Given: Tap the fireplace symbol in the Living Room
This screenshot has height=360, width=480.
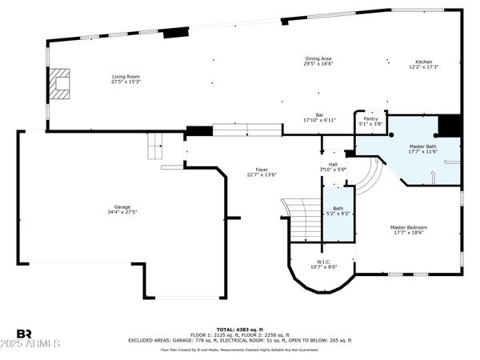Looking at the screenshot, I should coord(59,82).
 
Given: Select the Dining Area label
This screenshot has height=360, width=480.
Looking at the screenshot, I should coord(318,58).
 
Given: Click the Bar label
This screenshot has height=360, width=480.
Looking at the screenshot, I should coord(318,114).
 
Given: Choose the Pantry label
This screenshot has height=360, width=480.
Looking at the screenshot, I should coord(371,119).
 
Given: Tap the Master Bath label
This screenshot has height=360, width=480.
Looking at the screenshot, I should coord(423,146).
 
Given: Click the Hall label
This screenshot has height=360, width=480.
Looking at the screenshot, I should coord(332,165).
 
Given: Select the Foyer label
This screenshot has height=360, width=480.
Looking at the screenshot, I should coord(262,170).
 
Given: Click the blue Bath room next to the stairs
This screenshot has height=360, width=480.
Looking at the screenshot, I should coord(337,215).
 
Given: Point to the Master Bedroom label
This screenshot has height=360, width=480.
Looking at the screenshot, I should coord(409,227).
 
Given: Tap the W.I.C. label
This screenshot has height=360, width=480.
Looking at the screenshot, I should coord(324,262).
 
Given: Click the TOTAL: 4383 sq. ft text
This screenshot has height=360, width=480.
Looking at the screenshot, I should coord(239,329).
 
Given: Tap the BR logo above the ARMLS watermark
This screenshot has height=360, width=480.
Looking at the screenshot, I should coord(25,332).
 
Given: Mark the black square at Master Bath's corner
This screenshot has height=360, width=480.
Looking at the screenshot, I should coord(450,126).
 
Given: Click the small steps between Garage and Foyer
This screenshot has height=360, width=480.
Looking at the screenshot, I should coord(155,146).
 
